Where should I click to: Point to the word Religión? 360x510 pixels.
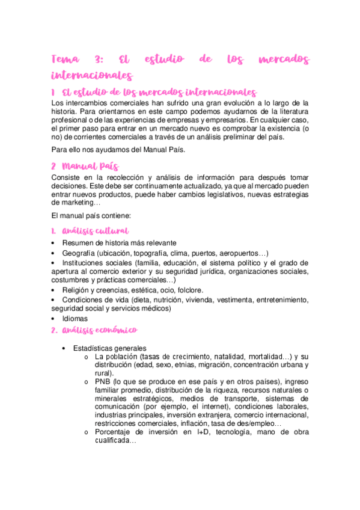click(x=78, y=290)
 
